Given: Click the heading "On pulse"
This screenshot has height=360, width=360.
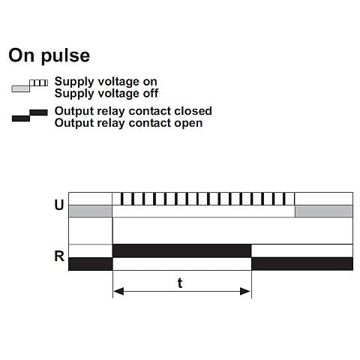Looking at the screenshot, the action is pos(49,55).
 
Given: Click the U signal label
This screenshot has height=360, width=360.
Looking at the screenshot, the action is pos(59,205).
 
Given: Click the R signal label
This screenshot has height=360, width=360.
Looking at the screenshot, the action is pos(59,256).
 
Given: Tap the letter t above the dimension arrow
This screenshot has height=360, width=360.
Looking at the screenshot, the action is pos(180,283).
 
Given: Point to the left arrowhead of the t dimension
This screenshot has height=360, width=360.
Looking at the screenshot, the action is pos(118,291).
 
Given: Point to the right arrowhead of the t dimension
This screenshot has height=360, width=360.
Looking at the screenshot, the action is pos(245,291).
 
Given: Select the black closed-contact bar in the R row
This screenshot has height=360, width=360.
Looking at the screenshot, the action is pos(182,250).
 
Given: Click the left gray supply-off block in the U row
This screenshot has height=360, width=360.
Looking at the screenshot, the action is pos(90,211).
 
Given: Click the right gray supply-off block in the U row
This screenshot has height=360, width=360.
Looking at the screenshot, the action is pos(324,211).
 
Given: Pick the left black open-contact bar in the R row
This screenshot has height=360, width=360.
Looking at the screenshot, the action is pos(91,264).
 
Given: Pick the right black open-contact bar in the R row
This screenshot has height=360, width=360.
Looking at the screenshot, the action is pos(302,264).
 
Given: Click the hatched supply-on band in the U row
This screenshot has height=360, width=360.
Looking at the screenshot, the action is pos(203,199).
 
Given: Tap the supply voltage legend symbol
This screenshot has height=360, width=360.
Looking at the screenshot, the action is pos(30,85).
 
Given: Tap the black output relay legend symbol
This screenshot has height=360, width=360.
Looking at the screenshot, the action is pos(30,115).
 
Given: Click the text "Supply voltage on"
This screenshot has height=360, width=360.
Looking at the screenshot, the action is pos(106,82).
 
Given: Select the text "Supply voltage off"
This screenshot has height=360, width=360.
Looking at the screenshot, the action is pos(106,94).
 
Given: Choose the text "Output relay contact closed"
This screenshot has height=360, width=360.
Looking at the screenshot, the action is pos(133,111).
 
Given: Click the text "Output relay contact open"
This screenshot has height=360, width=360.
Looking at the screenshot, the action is pos(128,123).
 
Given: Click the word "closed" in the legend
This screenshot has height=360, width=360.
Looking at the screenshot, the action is pos(193,111).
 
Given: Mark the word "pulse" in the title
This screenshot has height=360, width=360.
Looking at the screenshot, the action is pos(65,57).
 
